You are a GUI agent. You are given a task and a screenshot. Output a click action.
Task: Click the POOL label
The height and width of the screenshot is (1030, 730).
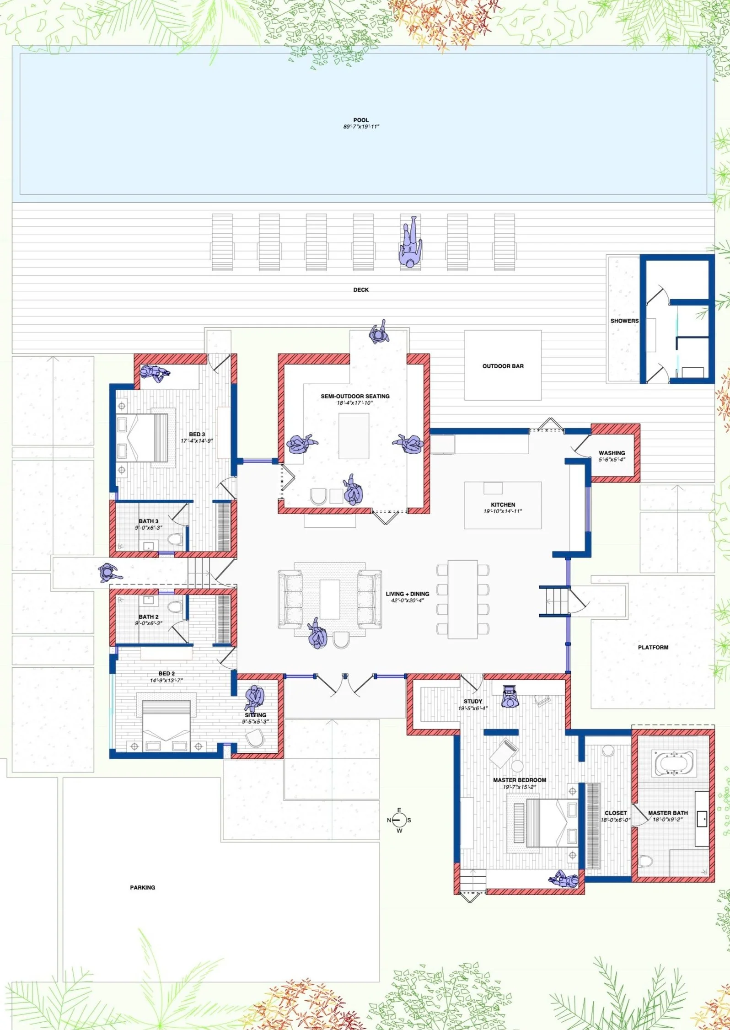click(361, 120)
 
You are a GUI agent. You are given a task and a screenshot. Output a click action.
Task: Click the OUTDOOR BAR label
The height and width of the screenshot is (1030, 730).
click(503, 366)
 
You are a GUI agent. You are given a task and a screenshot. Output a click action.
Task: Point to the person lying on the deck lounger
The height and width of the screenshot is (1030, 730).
click(411, 242)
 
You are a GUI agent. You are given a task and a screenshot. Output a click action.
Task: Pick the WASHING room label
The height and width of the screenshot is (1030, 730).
click(612, 453)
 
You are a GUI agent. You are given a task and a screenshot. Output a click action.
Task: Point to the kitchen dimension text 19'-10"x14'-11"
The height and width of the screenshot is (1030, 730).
click(503, 511)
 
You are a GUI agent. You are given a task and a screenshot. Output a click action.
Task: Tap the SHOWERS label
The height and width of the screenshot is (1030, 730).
click(624, 321)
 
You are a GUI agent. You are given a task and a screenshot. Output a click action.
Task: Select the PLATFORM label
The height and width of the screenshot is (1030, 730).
click(653, 647)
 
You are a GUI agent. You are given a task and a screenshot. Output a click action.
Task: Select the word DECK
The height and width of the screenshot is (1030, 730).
click(361, 290)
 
